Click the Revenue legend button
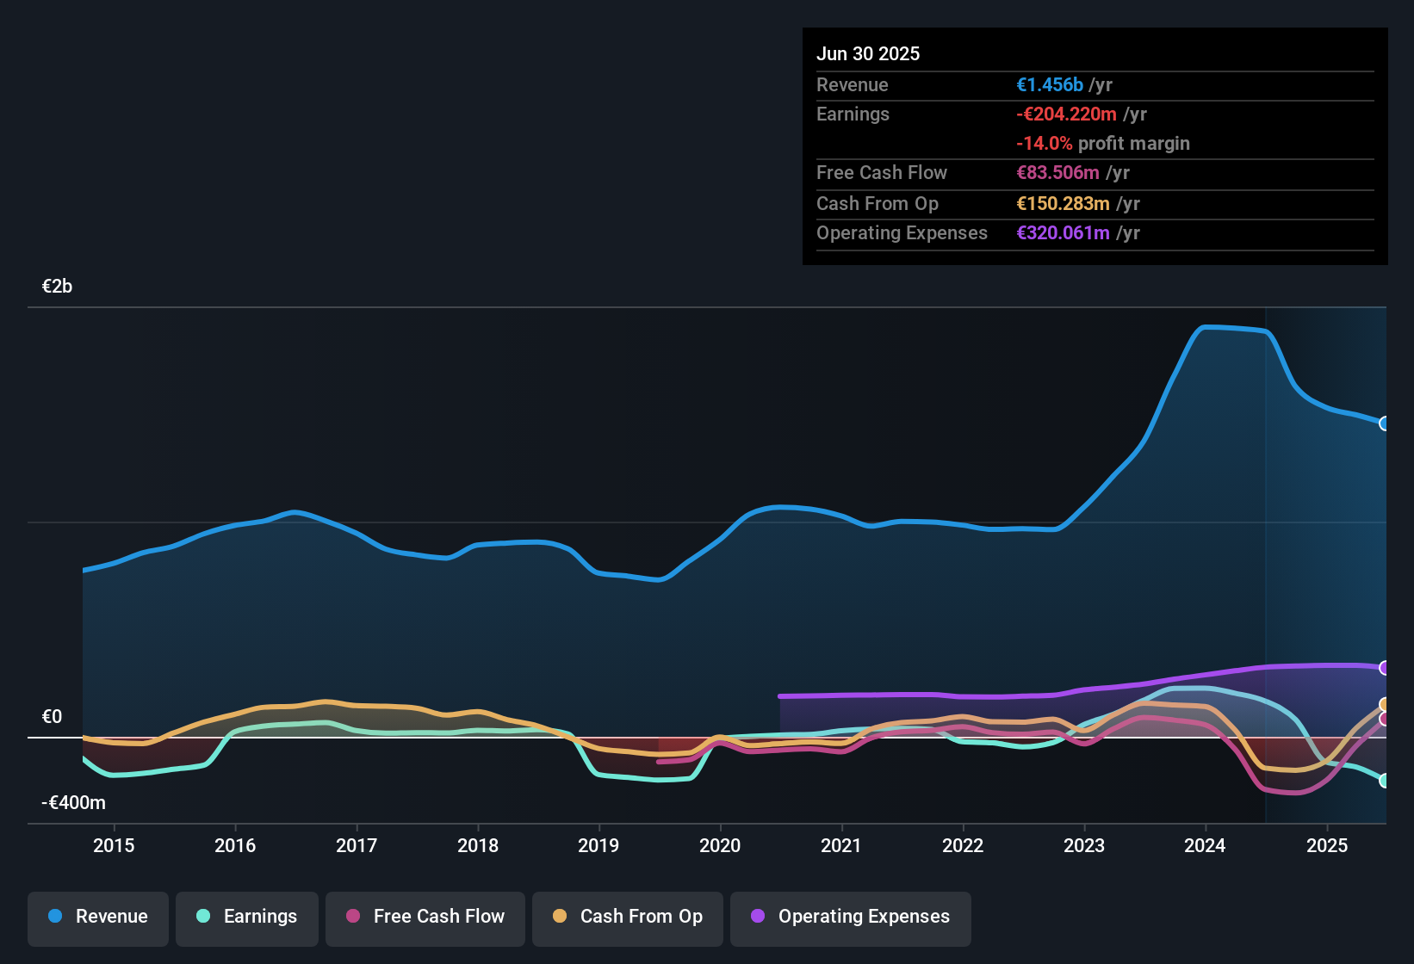pyautogui.click(x=98, y=917)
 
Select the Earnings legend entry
pyautogui.click(x=247, y=917)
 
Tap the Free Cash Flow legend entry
pyautogui.click(x=425, y=917)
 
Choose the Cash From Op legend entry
pyautogui.click(x=628, y=917)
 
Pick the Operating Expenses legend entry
pyautogui.click(x=851, y=917)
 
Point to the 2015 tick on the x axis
pyautogui.click(x=114, y=845)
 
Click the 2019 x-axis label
pyautogui.click(x=598, y=845)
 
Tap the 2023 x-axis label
pyautogui.click(x=1084, y=845)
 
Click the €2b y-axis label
pyautogui.click(x=58, y=287)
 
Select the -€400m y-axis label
pyautogui.click(x=74, y=803)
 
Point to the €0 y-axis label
pyautogui.click(x=53, y=717)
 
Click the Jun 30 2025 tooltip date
pyautogui.click(x=868, y=54)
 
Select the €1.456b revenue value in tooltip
pyautogui.click(x=1050, y=85)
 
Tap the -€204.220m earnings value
pyautogui.click(x=1066, y=114)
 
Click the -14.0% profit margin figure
pyautogui.click(x=1045, y=144)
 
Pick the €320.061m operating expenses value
pyautogui.click(x=1063, y=233)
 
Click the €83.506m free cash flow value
pyautogui.click(x=1057, y=173)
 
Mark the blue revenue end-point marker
pyautogui.click(x=1385, y=423)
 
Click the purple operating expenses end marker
pyautogui.click(x=1385, y=668)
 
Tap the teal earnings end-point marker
pyautogui.click(x=1385, y=781)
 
